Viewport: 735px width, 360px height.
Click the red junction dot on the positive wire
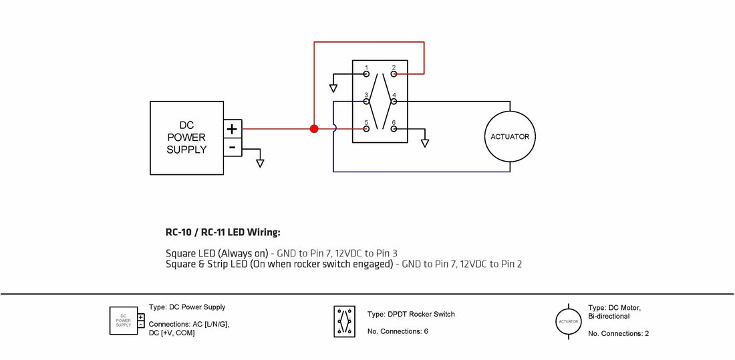coord(314,128)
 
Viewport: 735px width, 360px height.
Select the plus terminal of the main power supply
coord(232,129)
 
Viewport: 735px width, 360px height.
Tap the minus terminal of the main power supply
coord(232,147)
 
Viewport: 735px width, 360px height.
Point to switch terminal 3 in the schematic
coord(366,102)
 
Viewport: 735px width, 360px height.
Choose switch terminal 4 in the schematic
coord(394,102)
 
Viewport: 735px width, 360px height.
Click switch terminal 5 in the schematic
coord(366,128)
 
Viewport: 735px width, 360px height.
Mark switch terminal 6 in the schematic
coord(394,128)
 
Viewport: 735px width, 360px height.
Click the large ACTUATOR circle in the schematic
coord(510,137)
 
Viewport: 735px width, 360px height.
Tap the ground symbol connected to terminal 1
coord(334,88)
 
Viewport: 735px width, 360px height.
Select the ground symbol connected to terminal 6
coord(424,143)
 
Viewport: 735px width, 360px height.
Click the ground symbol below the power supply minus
coord(260,163)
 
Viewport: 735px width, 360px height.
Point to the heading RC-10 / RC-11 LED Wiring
coord(223,232)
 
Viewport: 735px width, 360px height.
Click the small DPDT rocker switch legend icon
coord(345,322)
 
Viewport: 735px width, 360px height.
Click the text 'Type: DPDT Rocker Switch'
coord(411,314)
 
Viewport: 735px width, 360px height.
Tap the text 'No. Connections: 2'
coord(618,333)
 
